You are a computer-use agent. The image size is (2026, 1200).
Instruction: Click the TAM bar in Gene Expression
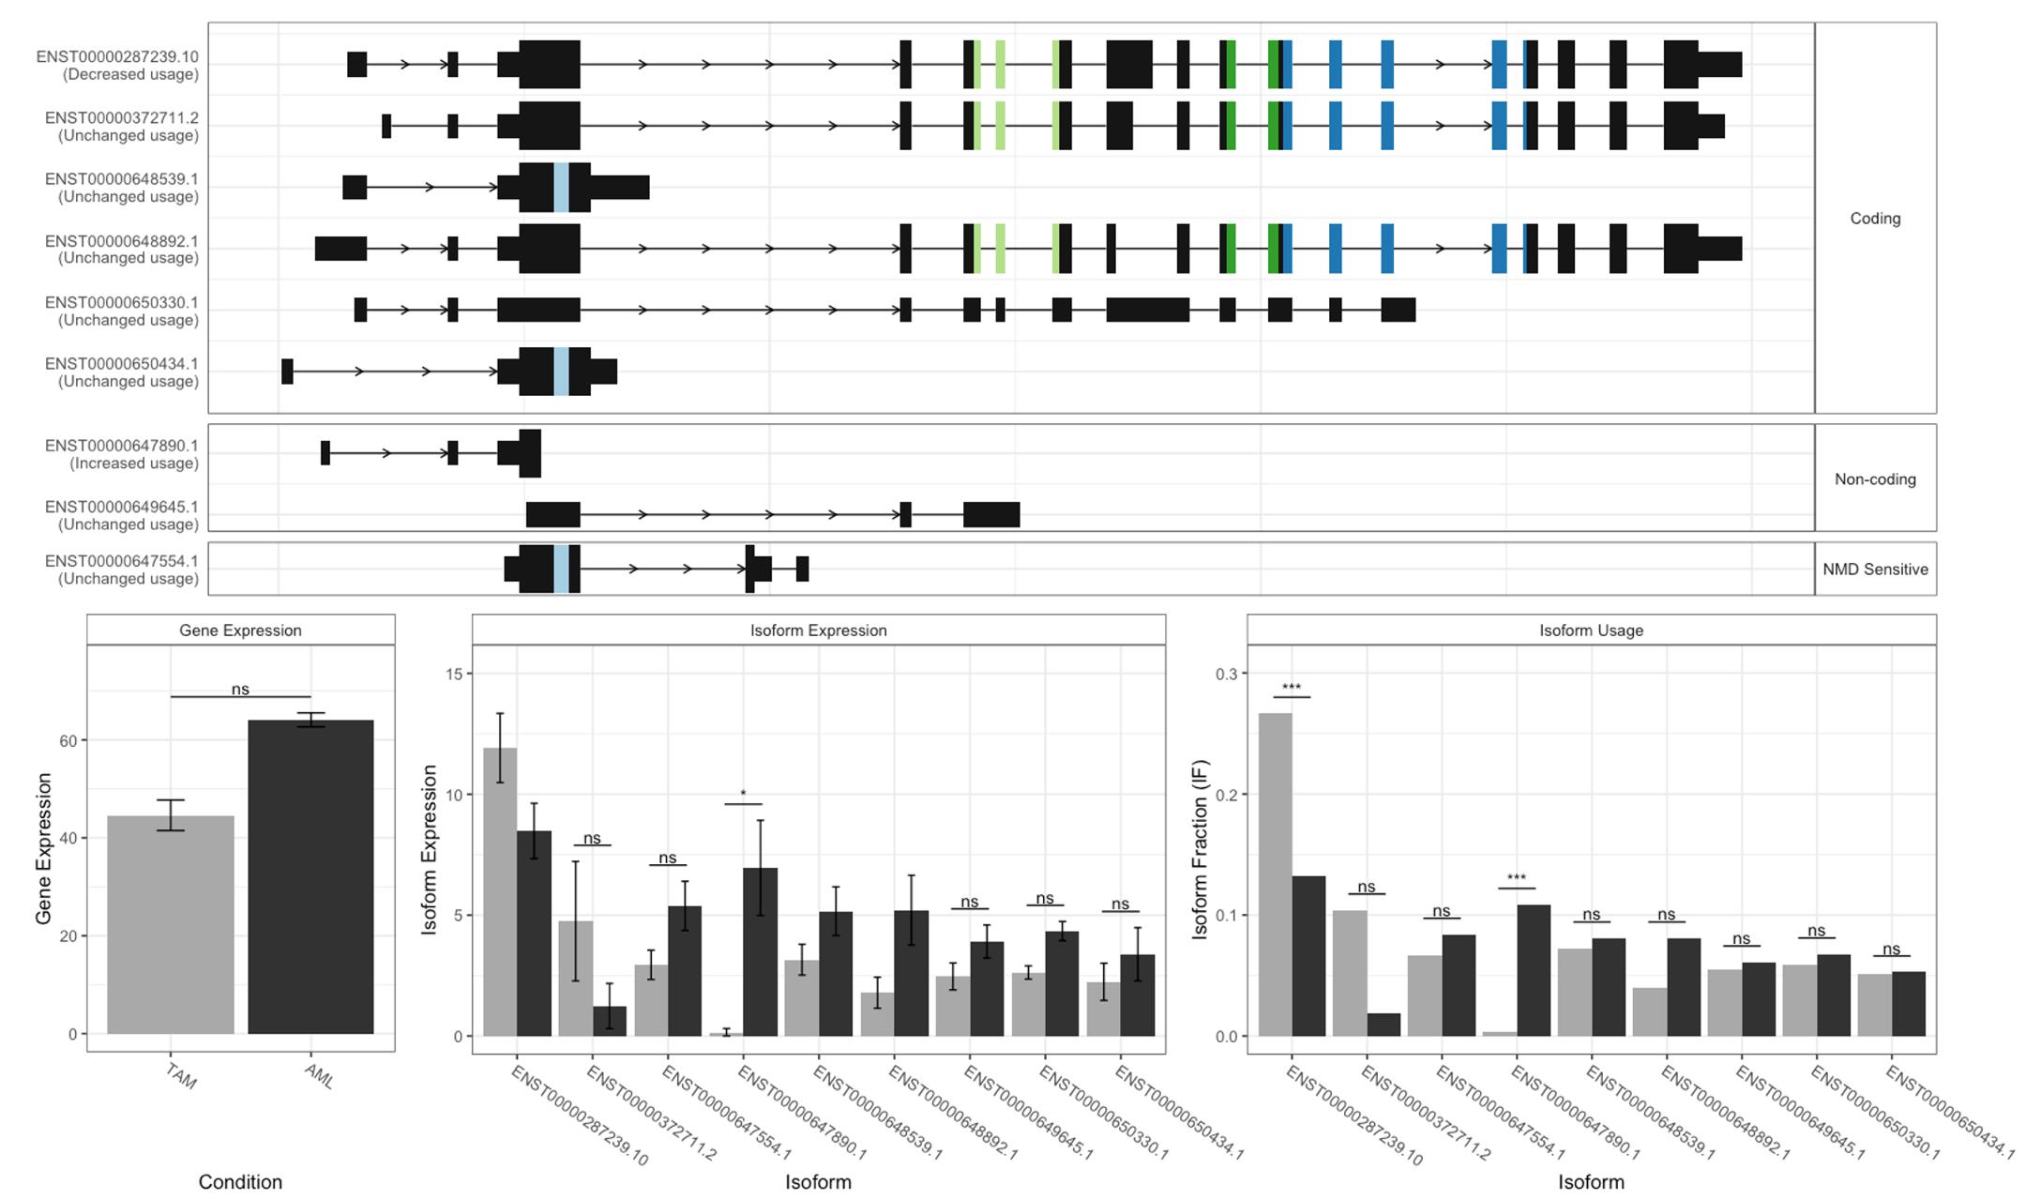pos(171,924)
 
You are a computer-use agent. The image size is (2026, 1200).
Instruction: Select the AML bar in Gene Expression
pos(310,876)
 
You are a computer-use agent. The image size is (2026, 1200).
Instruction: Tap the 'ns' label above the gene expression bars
pos(240,689)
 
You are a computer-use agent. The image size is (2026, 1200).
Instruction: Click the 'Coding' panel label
pos(1875,218)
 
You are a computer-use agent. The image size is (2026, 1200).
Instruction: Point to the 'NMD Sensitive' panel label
pos(1875,569)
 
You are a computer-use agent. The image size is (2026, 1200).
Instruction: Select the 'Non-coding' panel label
pos(1875,478)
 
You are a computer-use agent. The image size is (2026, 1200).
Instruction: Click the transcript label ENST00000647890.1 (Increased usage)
pos(122,454)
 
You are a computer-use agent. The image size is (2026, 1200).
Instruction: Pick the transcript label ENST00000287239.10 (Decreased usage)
pos(117,65)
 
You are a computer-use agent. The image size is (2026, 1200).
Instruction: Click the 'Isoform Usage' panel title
pos(1591,630)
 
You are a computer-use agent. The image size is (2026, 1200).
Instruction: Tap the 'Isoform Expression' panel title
pos(818,630)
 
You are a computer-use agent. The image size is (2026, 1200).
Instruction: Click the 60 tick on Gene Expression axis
pos(68,740)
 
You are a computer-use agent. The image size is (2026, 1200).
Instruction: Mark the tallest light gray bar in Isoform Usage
pos(1275,873)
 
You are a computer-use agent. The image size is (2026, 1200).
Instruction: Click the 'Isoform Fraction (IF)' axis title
pos(1201,849)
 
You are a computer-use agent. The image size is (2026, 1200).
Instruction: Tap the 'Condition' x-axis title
pos(240,1181)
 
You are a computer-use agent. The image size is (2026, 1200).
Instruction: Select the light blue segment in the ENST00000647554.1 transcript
pos(561,569)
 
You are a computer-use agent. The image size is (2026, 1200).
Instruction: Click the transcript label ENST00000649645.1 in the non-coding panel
pos(122,515)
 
